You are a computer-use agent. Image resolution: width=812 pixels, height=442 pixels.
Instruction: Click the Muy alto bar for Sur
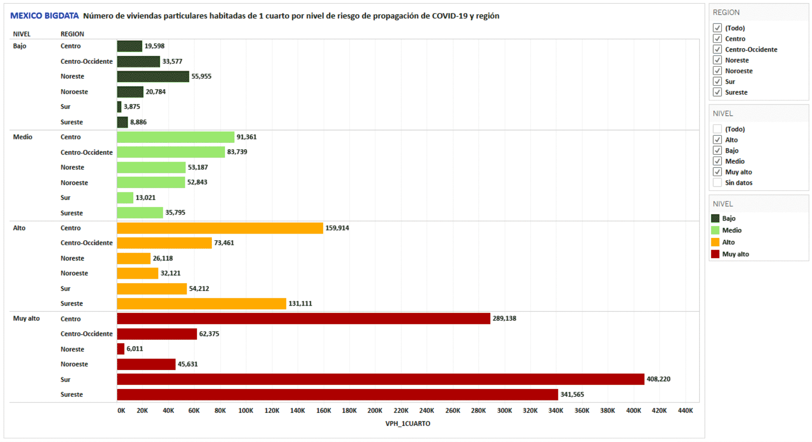[x=380, y=379]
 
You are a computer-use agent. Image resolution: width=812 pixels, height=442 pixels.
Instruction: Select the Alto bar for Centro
[x=220, y=228]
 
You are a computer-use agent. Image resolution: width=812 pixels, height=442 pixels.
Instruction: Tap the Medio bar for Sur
[x=125, y=198]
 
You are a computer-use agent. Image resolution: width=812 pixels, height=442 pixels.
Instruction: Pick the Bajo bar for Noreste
[x=153, y=76]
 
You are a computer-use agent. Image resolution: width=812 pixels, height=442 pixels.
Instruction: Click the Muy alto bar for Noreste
[x=121, y=349]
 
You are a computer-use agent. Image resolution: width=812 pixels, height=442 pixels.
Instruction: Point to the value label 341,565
[x=572, y=394]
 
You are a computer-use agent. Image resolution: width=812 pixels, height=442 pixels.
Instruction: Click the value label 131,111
[x=300, y=303]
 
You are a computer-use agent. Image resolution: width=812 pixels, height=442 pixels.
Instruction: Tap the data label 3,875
[x=132, y=106]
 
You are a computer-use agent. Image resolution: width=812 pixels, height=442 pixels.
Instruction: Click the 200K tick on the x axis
[x=375, y=410]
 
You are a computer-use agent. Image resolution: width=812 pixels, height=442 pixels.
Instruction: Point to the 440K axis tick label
[x=685, y=410]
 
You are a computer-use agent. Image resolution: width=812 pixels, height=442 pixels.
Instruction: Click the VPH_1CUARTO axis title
[x=408, y=423]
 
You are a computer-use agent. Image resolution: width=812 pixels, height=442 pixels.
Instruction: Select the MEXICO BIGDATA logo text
[x=44, y=16]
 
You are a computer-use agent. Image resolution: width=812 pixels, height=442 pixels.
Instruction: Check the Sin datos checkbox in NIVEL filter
[x=717, y=183]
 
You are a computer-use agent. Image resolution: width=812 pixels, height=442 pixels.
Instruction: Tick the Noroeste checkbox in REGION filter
[x=717, y=71]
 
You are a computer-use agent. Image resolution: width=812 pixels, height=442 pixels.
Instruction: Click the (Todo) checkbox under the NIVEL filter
[x=717, y=129]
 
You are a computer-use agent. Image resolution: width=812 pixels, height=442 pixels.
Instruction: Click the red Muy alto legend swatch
[x=715, y=254]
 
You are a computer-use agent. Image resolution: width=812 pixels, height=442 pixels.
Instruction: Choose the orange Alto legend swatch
[x=715, y=242]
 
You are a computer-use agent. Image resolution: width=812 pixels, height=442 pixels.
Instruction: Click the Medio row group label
[x=23, y=137]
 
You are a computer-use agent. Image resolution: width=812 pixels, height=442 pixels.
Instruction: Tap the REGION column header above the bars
[x=72, y=34]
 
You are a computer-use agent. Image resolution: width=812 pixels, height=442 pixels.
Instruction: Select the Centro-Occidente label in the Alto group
[x=86, y=243]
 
